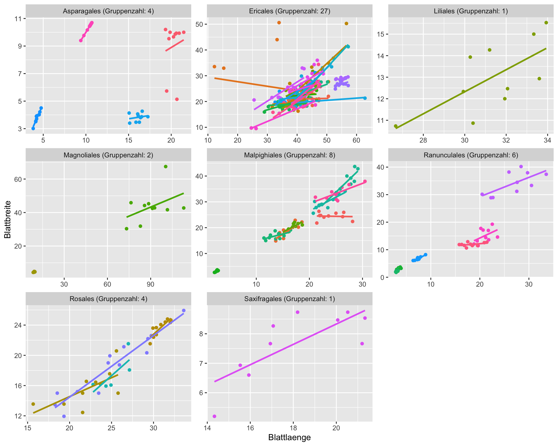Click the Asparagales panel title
click(108, 11)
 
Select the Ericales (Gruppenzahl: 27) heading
click(289, 11)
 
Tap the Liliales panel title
click(471, 11)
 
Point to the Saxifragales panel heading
click(289, 299)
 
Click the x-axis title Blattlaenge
click(289, 438)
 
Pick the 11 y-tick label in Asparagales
click(18, 19)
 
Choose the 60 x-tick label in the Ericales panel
click(356, 140)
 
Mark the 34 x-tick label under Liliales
click(548, 140)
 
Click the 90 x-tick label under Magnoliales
click(151, 284)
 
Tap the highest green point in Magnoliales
click(166, 166)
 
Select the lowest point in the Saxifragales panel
click(214, 416)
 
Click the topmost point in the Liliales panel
click(546, 23)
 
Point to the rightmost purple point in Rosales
click(184, 310)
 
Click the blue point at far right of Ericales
click(365, 98)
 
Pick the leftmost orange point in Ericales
click(214, 66)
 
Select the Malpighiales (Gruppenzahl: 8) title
click(289, 155)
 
